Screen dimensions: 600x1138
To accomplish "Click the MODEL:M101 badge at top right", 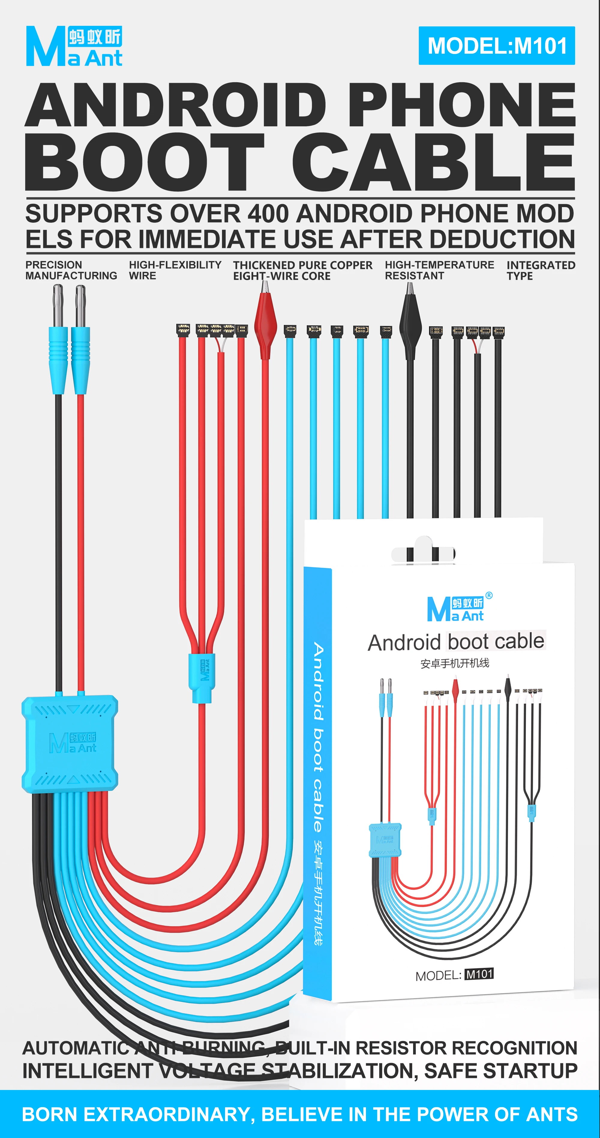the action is pyautogui.click(x=497, y=46).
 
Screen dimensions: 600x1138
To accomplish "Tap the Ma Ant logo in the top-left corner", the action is pyautogui.click(x=74, y=46).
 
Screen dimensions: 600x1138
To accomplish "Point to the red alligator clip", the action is pyautogui.click(x=265, y=319).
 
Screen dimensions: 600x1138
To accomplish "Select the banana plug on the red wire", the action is pyautogui.click(x=80, y=339).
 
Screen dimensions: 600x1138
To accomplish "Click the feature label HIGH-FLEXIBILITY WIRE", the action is pyautogui.click(x=175, y=270).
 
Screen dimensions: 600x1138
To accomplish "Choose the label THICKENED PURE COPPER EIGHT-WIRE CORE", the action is pyautogui.click(x=303, y=270).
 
